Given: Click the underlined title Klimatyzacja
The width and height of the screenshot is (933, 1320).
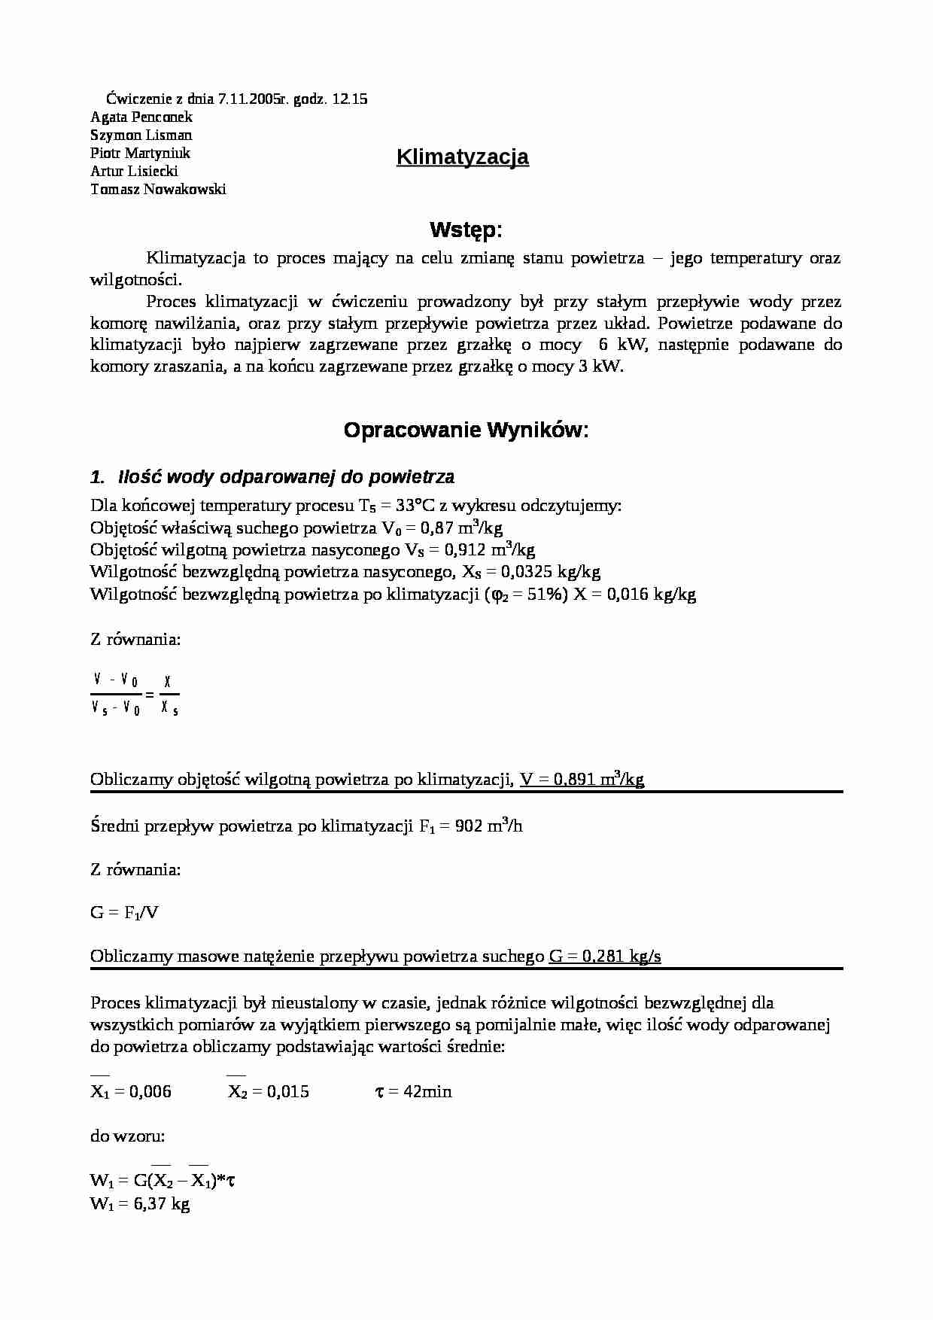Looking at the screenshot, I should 462,157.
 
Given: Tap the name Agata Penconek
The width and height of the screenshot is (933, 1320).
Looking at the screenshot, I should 141,117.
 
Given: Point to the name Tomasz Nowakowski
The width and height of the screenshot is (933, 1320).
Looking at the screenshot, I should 158,189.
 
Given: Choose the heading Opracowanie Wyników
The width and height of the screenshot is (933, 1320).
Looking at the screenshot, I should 466,430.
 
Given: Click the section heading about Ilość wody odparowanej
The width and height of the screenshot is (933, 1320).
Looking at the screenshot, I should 272,477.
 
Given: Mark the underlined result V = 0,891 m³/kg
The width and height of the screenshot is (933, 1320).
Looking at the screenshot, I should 582,780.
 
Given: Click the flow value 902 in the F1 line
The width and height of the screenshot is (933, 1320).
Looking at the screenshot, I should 468,826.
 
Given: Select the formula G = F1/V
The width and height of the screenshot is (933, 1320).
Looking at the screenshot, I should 124,913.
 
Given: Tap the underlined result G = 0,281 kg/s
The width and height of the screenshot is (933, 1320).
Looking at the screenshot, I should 605,957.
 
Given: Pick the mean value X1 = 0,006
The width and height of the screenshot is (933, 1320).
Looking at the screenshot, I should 131,1091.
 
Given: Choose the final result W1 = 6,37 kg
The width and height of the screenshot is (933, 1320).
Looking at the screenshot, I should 140,1203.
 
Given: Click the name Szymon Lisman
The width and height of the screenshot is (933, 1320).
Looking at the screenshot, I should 141,135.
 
